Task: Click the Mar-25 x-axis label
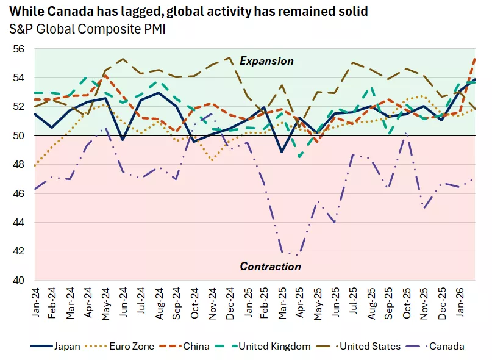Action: point(282,303)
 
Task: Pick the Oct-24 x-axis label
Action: point(194,303)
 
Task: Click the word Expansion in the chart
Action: point(266,61)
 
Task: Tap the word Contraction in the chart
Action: point(270,267)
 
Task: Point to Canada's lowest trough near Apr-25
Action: point(297,256)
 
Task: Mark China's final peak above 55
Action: point(474,59)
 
